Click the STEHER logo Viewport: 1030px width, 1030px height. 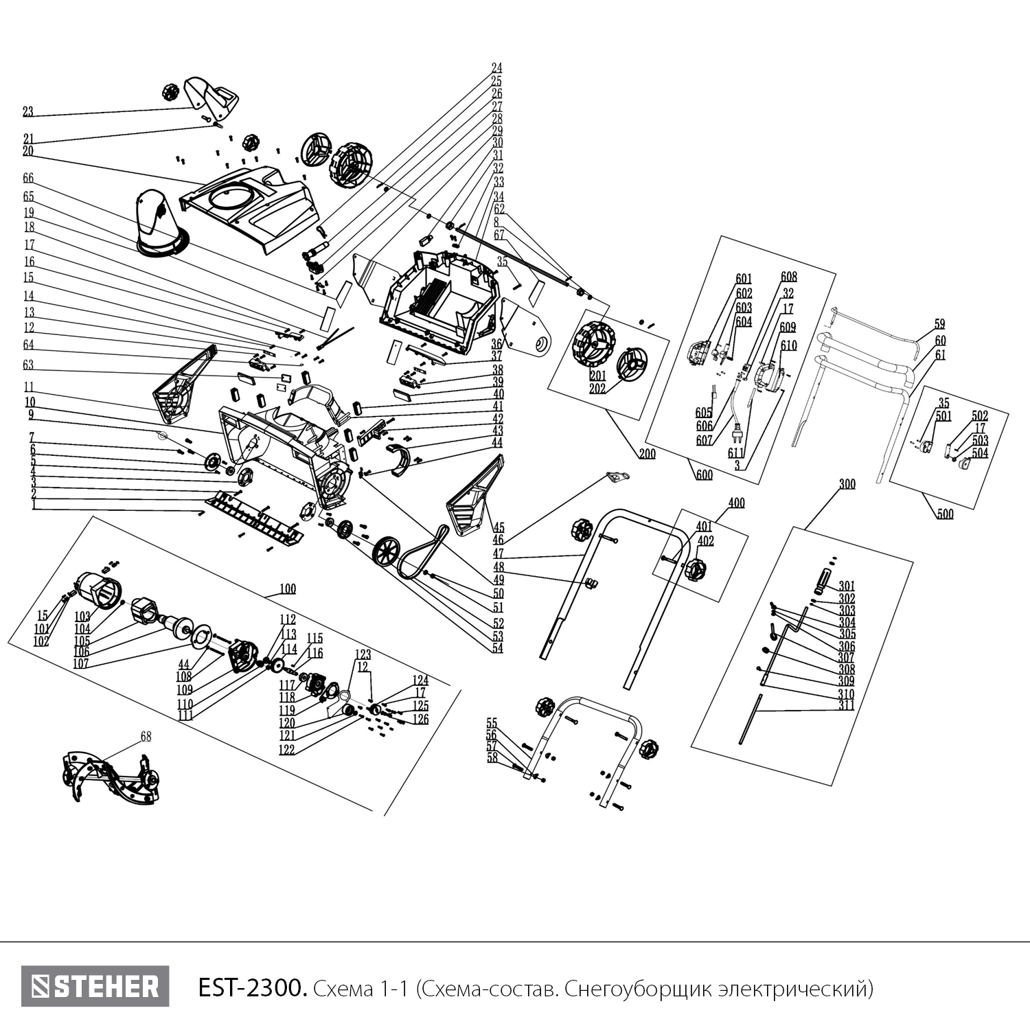[95, 987]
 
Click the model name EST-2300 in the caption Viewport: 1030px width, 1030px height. [250, 989]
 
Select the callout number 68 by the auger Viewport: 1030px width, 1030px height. [146, 736]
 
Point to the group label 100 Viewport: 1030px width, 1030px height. [288, 589]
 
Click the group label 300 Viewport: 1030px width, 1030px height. [847, 484]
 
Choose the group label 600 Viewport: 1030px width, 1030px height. [705, 474]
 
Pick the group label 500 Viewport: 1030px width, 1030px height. [945, 514]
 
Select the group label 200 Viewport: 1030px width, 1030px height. [648, 454]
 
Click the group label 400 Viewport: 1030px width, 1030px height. [735, 503]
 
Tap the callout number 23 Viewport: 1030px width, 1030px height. [27, 111]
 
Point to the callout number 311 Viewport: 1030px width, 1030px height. [846, 705]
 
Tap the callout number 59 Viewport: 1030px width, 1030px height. [939, 323]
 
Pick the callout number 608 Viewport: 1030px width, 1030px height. [788, 277]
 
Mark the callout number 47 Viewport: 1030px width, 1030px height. [499, 553]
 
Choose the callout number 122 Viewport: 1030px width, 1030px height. [286, 750]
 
